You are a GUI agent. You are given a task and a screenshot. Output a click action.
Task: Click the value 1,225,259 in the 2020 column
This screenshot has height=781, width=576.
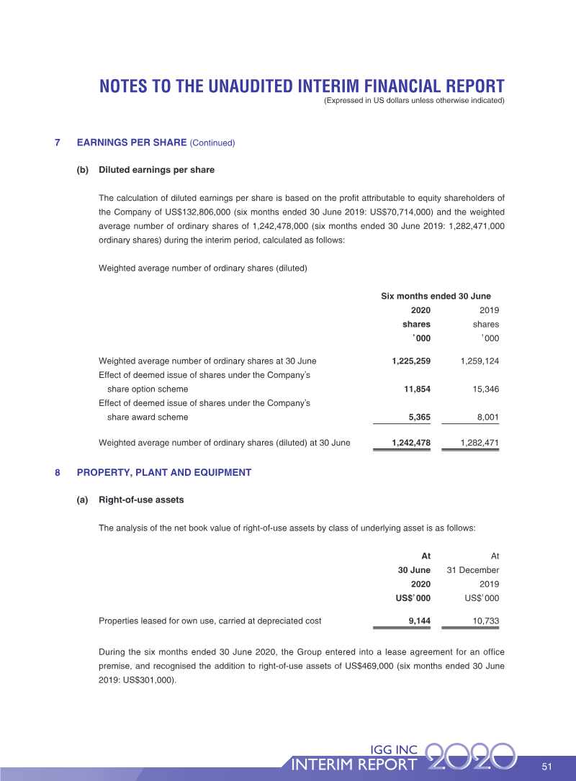(x=410, y=361)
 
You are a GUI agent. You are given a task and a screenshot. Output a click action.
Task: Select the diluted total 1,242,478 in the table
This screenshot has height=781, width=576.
(x=410, y=443)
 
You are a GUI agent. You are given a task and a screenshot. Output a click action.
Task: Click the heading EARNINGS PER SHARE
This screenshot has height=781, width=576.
(x=132, y=143)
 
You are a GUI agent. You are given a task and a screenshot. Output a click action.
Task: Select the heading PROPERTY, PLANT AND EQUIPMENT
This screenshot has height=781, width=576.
(x=163, y=473)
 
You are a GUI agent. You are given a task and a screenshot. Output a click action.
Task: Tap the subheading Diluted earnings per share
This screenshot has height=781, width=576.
(x=156, y=170)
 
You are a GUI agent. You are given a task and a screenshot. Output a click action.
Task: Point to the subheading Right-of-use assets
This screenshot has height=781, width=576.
(x=141, y=500)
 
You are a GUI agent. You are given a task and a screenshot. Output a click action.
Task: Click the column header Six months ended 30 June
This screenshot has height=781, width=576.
(x=436, y=297)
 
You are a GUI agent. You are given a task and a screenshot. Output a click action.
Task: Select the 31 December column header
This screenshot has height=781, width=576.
(x=473, y=569)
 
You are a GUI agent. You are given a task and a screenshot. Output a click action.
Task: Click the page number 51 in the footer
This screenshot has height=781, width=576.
(x=546, y=766)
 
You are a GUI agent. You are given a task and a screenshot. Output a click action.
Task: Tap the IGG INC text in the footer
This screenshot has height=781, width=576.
(x=392, y=749)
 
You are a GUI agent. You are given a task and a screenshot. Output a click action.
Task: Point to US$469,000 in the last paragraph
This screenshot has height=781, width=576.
(x=363, y=667)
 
